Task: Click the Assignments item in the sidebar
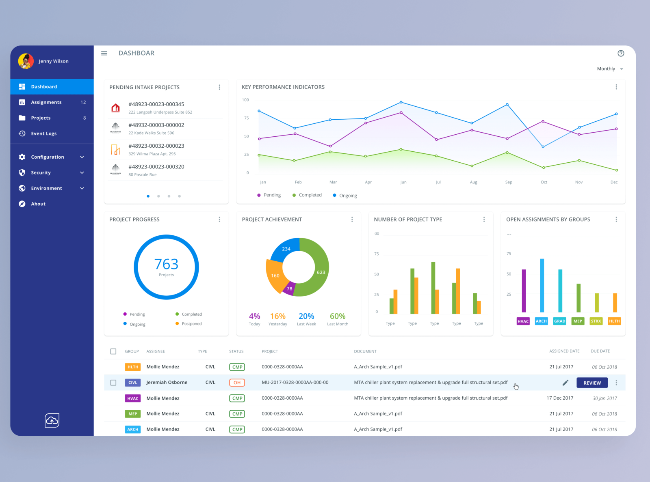pyautogui.click(x=46, y=102)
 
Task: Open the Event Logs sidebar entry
pyautogui.click(x=43, y=133)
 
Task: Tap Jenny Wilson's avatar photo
pyautogui.click(x=26, y=61)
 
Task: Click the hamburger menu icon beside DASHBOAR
pyautogui.click(x=104, y=53)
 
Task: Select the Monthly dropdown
pyautogui.click(x=609, y=69)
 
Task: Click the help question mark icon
pyautogui.click(x=620, y=53)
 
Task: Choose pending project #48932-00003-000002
pyautogui.click(x=156, y=125)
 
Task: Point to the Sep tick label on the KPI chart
pyautogui.click(x=508, y=182)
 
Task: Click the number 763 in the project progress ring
pyautogui.click(x=166, y=264)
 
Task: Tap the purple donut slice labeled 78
pyautogui.click(x=289, y=289)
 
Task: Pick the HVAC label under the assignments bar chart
pyautogui.click(x=523, y=321)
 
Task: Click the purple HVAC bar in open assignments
pyautogui.click(x=524, y=290)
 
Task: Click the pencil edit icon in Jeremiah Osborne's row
pyautogui.click(x=565, y=383)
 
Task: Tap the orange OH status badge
pyautogui.click(x=237, y=383)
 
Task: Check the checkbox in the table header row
pyautogui.click(x=113, y=351)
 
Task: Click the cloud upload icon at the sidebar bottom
pyautogui.click(x=52, y=420)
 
